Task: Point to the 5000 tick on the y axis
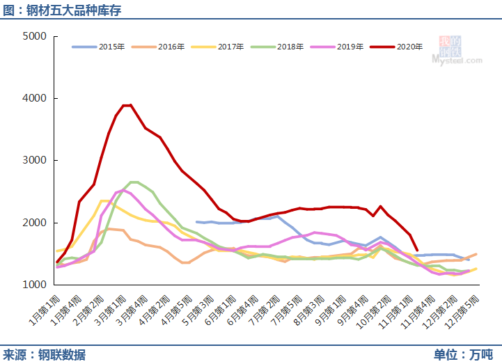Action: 34,36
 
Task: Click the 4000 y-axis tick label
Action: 34,98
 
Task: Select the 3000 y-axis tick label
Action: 34,161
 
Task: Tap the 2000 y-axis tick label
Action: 34,223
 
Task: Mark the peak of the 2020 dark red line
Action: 130,105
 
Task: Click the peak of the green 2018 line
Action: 134,182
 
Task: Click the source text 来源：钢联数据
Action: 44,355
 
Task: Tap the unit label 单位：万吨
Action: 462,355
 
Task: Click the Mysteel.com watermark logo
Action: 455,52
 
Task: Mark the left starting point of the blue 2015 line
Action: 197,222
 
